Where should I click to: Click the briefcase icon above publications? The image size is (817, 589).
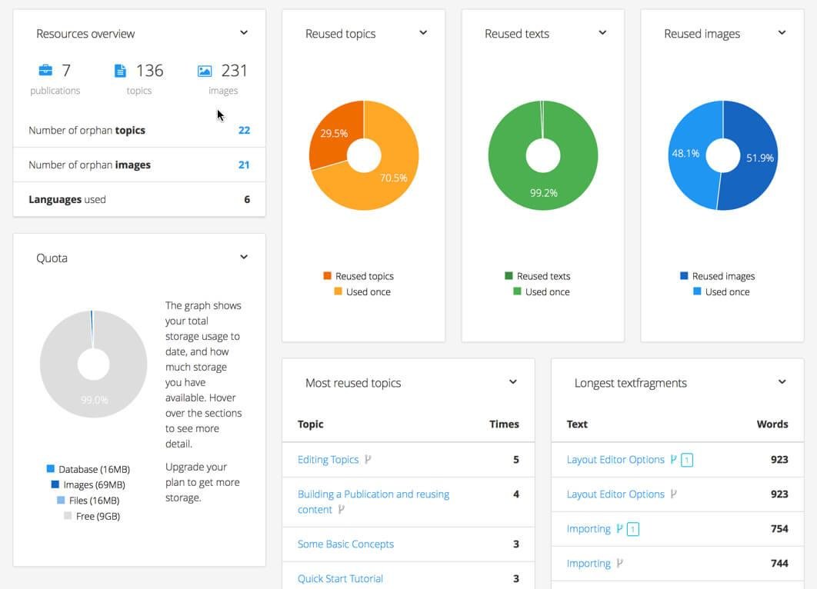pos(45,71)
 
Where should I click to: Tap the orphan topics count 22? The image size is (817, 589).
pos(244,130)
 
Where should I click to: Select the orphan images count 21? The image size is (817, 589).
pos(244,165)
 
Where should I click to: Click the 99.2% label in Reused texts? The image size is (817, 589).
pos(543,193)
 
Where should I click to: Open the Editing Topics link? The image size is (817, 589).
pos(328,460)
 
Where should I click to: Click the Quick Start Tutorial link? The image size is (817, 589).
pos(340,578)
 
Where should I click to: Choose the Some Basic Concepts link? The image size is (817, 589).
pos(345,544)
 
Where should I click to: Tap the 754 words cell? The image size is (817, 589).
pos(779,529)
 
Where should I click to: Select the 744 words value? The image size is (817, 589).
pos(779,564)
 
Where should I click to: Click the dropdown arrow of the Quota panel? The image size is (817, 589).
pos(244,257)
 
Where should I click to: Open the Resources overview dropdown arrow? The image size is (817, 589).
pos(244,33)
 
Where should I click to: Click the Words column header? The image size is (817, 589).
pos(772,424)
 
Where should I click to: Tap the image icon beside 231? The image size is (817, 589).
pos(204,71)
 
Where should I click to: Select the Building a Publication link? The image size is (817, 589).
pos(373,494)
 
